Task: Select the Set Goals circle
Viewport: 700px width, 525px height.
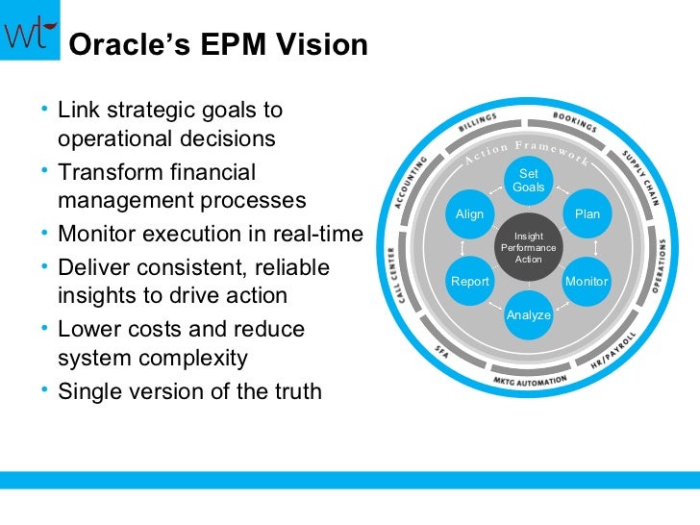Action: pyautogui.click(x=528, y=181)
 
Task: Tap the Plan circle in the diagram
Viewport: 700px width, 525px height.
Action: pyautogui.click(x=587, y=214)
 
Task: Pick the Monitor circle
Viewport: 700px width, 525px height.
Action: pyautogui.click(x=587, y=282)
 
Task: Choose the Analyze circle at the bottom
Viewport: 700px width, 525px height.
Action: pyautogui.click(x=528, y=315)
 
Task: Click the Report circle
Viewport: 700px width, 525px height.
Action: pyautogui.click(x=470, y=282)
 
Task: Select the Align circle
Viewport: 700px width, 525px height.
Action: pyautogui.click(x=469, y=214)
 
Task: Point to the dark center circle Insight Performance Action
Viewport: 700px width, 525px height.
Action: pyautogui.click(x=528, y=248)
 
